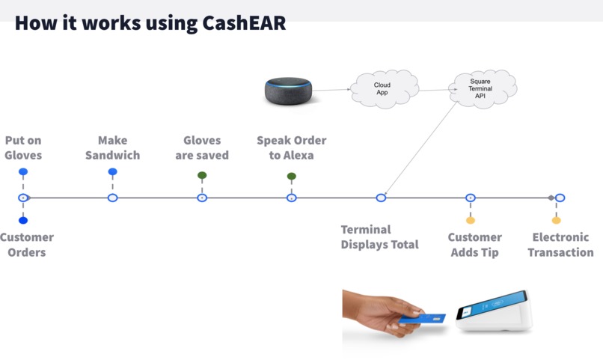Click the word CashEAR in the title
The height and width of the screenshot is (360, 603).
point(244,22)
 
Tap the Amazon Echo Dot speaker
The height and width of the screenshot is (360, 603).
point(288,90)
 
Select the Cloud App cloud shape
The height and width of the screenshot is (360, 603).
point(383,89)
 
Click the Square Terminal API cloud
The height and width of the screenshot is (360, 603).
point(480,88)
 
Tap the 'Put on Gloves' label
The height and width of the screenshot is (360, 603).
point(23,148)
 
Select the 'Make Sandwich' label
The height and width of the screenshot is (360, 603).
point(112,148)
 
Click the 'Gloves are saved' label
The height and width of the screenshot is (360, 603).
point(202,148)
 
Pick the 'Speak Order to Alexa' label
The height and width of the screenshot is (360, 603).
point(292,148)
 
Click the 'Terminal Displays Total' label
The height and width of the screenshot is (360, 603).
point(379,237)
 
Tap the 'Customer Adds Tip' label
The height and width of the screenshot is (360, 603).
point(474,245)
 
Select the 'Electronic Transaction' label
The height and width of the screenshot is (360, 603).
point(560,245)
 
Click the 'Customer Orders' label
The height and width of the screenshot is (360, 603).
point(26,245)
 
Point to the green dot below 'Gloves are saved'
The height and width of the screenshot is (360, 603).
point(202,176)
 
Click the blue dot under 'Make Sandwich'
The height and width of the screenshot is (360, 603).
point(112,172)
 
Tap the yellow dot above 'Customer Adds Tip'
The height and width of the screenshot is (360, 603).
point(471,221)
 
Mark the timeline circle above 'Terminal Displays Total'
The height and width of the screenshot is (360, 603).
point(381,198)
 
